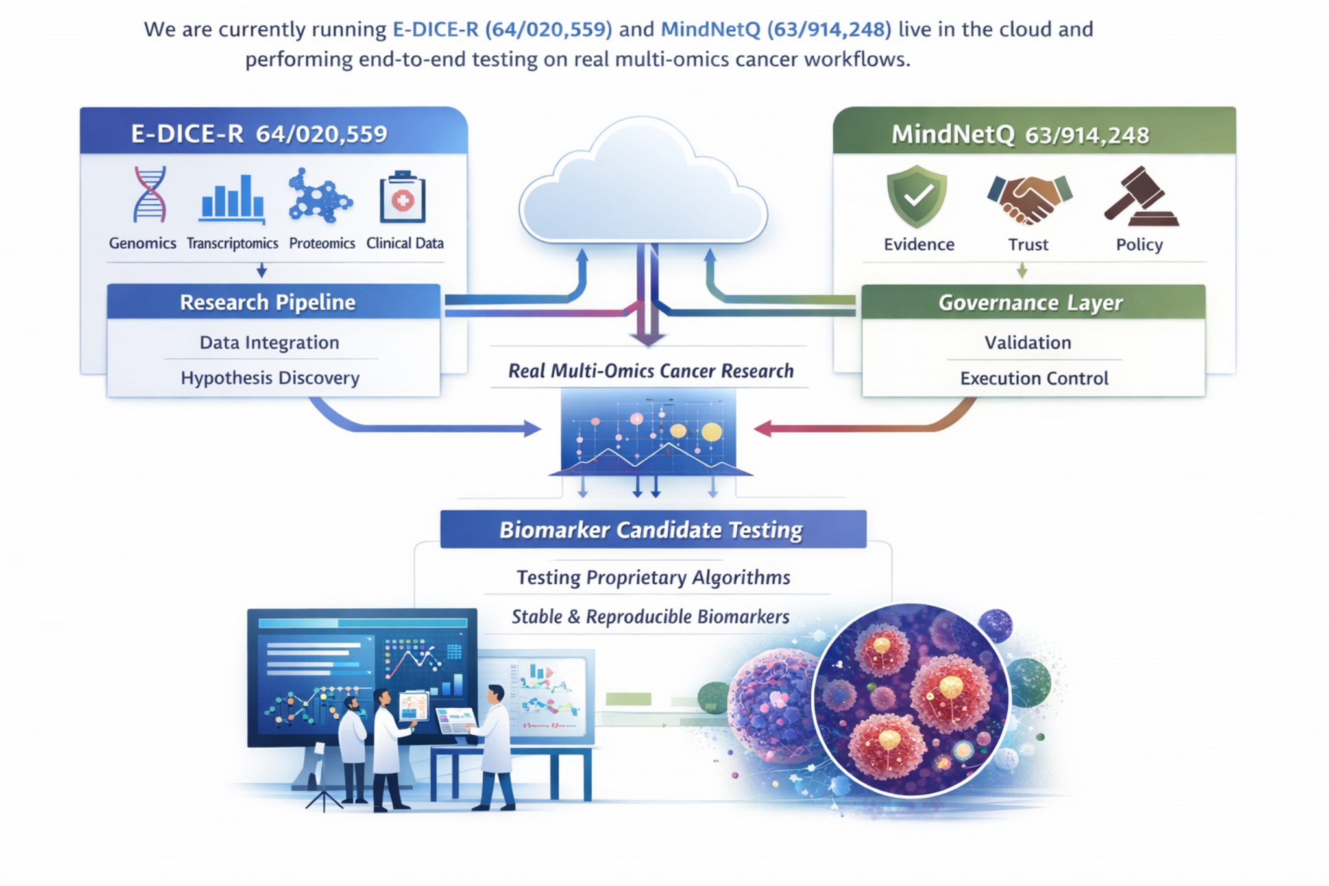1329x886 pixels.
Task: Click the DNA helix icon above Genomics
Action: [x=150, y=194]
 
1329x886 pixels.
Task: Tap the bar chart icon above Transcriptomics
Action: [x=232, y=197]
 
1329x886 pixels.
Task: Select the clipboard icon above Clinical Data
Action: [x=402, y=197]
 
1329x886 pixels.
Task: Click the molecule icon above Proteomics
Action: [x=320, y=197]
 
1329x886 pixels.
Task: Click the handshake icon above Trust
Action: [x=1029, y=198]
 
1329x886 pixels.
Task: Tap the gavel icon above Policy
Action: [x=1141, y=197]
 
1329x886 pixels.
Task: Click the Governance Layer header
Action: [x=1032, y=302]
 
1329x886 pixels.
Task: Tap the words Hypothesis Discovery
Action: [x=270, y=378]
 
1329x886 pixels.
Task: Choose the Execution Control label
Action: [x=1034, y=378]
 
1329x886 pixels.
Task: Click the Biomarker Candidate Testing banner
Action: [x=652, y=530]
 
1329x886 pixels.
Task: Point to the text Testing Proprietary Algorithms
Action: [x=653, y=577]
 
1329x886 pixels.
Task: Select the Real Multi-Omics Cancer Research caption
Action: [x=650, y=371]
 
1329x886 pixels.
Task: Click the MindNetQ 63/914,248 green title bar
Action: [x=1034, y=133]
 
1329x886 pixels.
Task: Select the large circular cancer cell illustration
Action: [x=910, y=700]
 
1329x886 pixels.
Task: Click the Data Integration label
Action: [x=269, y=342]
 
